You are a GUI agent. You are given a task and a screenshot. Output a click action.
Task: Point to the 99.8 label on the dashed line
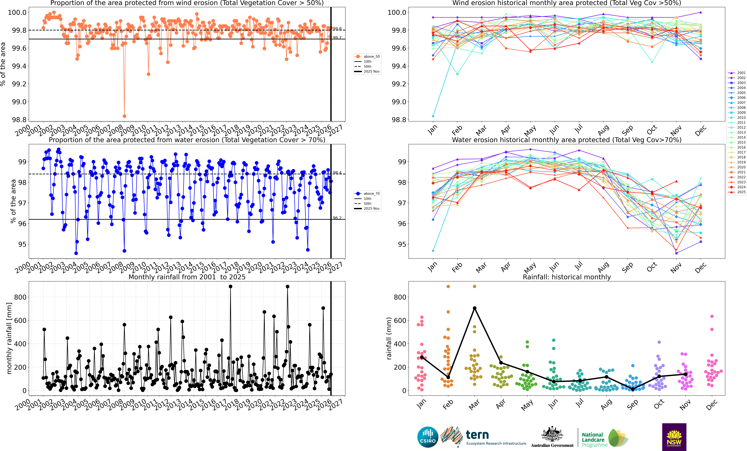pos(337,29)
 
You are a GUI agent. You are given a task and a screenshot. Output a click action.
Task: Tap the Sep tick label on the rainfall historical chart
pos(632,405)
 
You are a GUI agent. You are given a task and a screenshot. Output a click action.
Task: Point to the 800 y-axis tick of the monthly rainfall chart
pos(20,297)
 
